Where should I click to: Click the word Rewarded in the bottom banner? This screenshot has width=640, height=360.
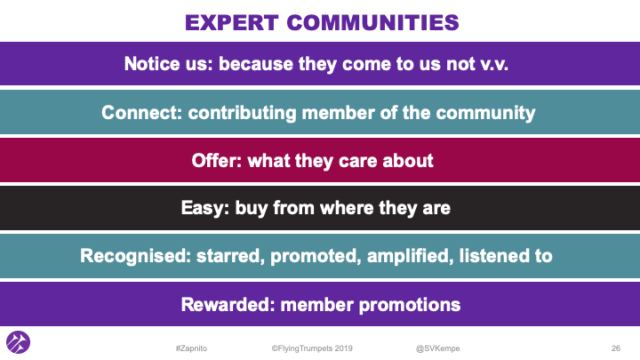click(226, 304)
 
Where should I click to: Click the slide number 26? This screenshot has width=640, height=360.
click(615, 346)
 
